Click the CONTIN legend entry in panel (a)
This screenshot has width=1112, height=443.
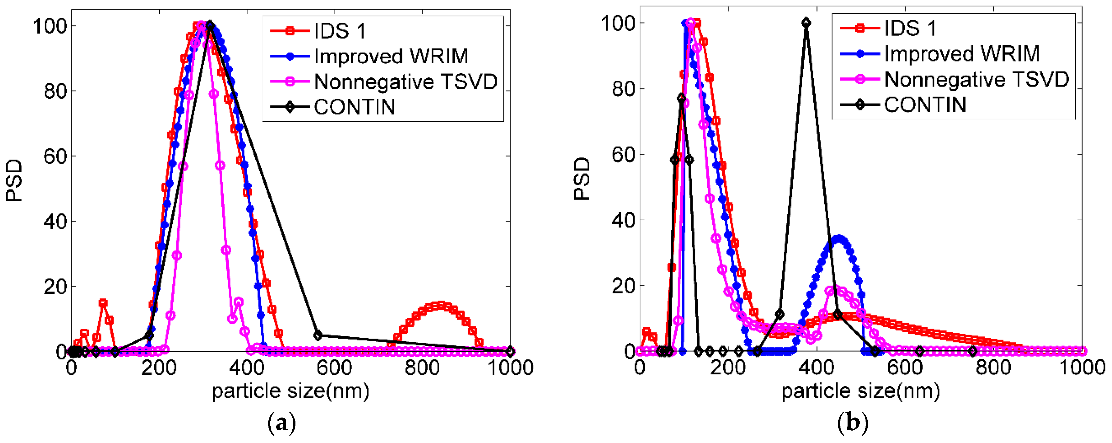coord(354,107)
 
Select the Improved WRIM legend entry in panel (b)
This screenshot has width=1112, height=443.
coord(961,54)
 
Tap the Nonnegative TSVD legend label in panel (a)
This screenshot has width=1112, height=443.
coord(405,82)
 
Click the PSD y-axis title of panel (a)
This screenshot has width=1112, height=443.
coord(14,180)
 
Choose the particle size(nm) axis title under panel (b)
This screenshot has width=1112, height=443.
coord(860,391)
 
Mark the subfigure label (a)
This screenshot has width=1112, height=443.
coord(282,423)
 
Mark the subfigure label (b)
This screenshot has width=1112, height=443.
coord(852,423)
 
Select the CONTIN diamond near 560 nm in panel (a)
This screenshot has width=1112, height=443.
coord(318,335)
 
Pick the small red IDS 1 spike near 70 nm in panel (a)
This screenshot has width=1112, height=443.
coord(103,303)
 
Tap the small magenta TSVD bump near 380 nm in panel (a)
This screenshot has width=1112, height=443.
coord(238,302)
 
